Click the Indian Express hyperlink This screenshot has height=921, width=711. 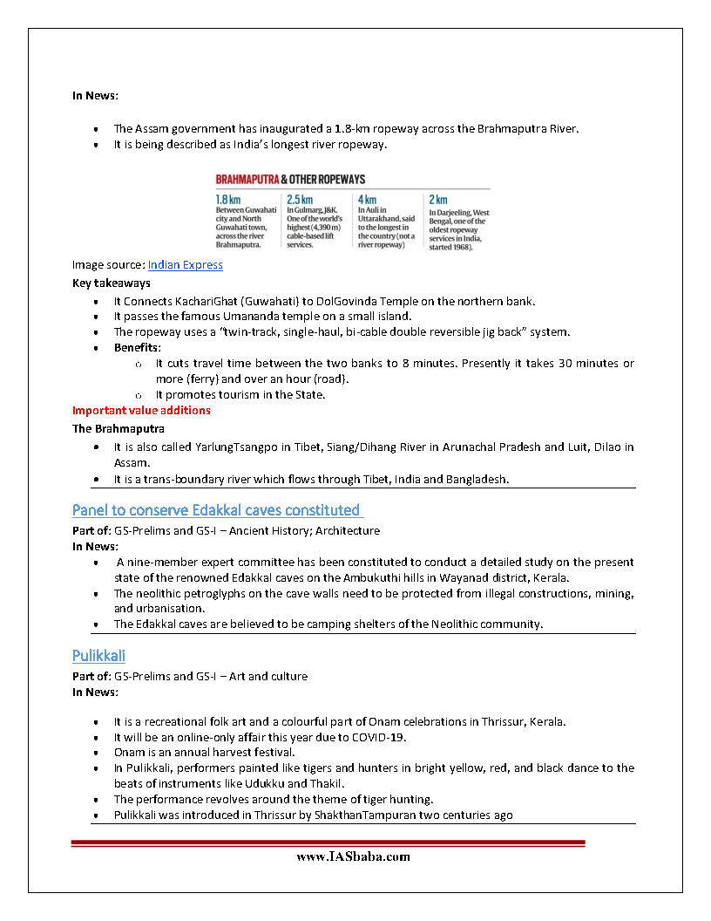[x=185, y=265]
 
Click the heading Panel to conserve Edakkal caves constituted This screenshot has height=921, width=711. [x=216, y=509]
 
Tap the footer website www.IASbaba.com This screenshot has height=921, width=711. [x=353, y=856]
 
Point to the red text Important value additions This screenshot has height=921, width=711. [x=141, y=410]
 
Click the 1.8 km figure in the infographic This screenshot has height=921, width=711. [x=228, y=199]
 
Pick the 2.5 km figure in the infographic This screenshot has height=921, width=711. [x=300, y=199]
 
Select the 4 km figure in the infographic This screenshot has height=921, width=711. [x=367, y=199]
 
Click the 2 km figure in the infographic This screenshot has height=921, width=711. [x=437, y=199]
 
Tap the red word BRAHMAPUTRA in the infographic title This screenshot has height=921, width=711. [x=247, y=178]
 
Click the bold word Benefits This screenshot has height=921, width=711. [x=137, y=347]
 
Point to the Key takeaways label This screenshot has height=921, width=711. [x=112, y=283]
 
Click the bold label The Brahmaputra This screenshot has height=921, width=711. [x=118, y=428]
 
